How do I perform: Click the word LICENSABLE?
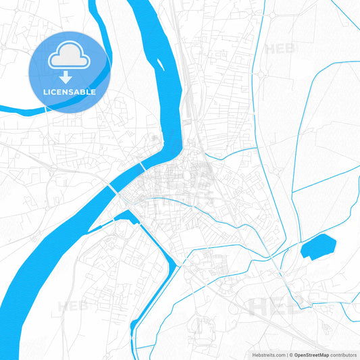69,91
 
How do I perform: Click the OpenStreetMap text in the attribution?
311,354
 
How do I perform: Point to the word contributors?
344,354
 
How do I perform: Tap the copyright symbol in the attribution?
291,354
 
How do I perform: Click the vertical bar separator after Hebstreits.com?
286,354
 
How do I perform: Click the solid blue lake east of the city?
317,247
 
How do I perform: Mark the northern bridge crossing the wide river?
143,165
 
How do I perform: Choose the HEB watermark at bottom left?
73,306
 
